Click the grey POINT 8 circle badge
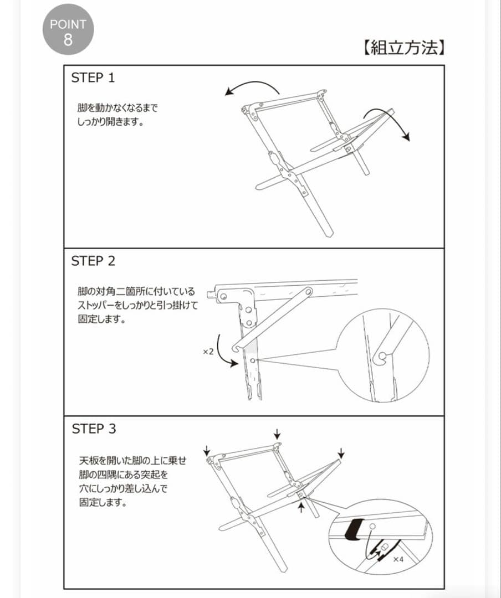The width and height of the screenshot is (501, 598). point(68,30)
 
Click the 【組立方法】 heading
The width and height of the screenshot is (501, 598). point(403,49)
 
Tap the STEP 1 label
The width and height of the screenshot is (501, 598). point(93,78)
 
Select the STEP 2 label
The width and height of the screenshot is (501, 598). point(93,261)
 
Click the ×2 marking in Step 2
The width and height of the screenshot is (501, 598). point(208,352)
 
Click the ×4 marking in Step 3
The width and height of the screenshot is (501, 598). point(398,560)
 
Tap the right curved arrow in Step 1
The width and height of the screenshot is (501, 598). point(387,123)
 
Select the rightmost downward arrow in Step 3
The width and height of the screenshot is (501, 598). point(341,453)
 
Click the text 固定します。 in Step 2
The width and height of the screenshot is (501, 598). point(102,319)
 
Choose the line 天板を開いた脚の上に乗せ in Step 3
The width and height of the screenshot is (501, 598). point(132,461)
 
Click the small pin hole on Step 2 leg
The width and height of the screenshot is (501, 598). point(253,360)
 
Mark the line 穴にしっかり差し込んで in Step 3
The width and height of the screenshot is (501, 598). point(123,489)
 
